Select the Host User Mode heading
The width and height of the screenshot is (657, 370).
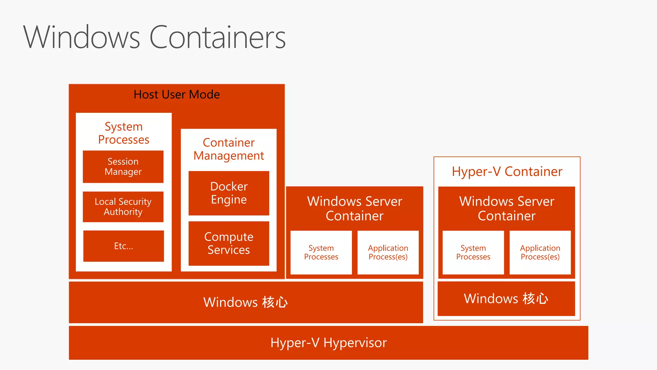click(176, 94)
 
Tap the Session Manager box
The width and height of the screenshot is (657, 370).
click(123, 166)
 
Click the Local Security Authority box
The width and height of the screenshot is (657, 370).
click(123, 207)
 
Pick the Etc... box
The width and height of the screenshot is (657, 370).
click(123, 246)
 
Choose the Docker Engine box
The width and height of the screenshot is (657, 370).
click(229, 193)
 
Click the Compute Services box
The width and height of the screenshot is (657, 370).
click(229, 243)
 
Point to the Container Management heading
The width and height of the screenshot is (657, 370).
click(229, 149)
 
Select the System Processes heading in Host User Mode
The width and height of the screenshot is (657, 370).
click(124, 133)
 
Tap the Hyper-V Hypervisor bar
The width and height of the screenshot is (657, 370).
click(328, 343)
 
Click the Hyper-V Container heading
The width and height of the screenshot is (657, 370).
click(507, 172)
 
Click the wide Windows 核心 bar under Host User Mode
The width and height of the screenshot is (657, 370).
click(246, 302)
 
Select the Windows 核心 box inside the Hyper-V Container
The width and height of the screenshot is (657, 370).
click(506, 299)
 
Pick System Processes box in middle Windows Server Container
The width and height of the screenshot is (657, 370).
click(321, 252)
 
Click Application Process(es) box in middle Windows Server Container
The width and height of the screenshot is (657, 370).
click(388, 252)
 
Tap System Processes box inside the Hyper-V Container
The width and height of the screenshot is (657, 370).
click(473, 252)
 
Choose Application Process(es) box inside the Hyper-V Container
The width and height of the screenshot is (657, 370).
click(540, 252)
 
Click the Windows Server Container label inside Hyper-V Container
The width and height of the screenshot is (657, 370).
click(507, 208)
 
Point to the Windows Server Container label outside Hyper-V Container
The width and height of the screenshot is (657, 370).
click(354, 208)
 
